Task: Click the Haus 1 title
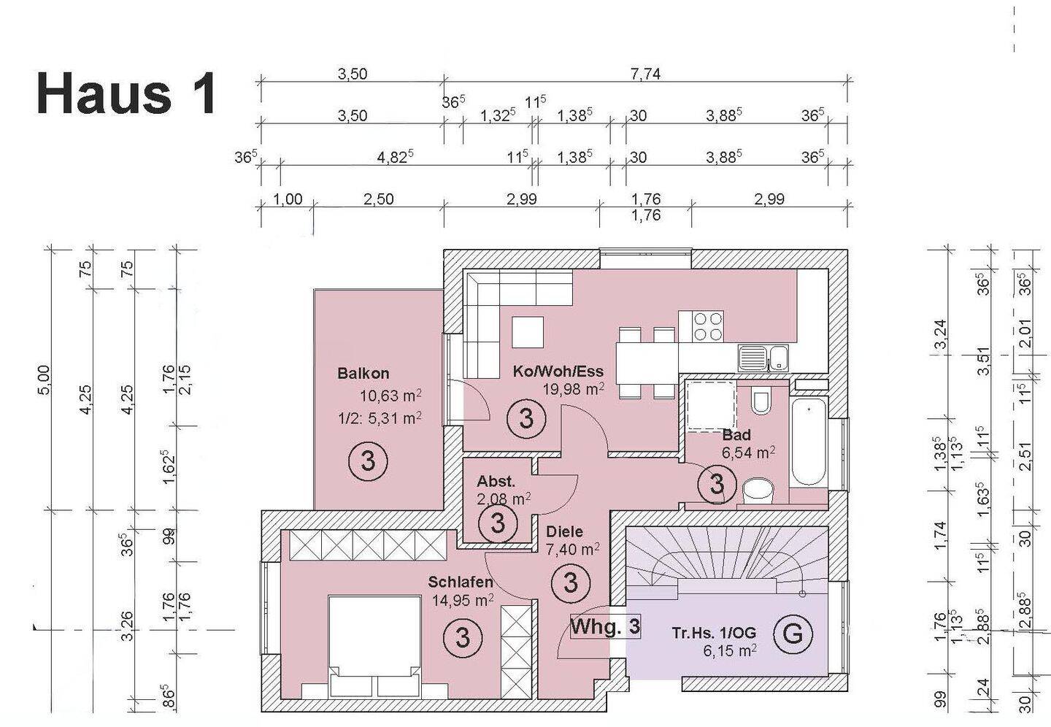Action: click(126, 94)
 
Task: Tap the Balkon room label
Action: click(363, 374)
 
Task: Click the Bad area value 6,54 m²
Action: click(748, 453)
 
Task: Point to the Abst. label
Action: click(496, 482)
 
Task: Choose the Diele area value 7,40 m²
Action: click(573, 547)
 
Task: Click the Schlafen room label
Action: click(461, 582)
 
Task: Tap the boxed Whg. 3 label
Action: click(605, 626)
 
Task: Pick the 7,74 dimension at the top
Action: click(645, 74)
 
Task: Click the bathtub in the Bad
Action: click(808, 442)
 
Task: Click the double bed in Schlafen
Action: click(375, 646)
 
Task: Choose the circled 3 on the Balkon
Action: click(368, 461)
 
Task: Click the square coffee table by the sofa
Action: click(528, 333)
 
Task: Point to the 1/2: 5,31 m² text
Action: click(380, 418)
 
